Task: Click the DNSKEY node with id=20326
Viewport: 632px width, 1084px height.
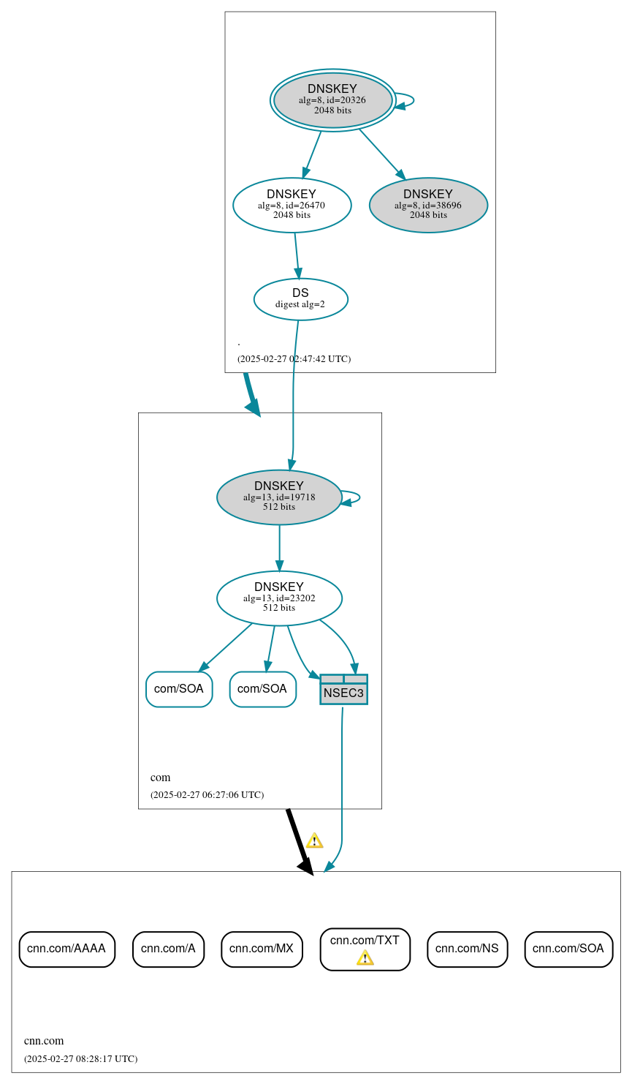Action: (332, 99)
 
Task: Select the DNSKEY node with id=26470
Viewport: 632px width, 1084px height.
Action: (292, 205)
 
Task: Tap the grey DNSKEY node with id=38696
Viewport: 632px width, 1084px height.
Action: (428, 205)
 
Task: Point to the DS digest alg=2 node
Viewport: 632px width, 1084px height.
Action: (300, 298)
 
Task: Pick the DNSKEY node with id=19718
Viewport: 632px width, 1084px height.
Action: (279, 497)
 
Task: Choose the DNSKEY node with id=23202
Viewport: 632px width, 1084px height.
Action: (279, 598)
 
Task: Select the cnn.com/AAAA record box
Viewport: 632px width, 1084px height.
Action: (66, 949)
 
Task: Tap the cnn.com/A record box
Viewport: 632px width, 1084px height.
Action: (168, 949)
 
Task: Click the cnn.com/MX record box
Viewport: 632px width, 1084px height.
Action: (262, 949)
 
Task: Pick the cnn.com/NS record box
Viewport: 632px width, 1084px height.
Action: (467, 949)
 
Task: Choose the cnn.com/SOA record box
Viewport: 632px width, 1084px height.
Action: (568, 949)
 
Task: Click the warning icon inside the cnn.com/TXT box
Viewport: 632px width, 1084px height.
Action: (365, 958)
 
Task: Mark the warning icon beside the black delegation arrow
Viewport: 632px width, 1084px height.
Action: (314, 840)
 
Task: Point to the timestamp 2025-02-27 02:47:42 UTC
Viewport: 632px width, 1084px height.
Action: (294, 359)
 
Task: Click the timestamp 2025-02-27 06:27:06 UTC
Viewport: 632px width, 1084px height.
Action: (207, 795)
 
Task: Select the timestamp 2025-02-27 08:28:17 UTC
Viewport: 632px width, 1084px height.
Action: (80, 1058)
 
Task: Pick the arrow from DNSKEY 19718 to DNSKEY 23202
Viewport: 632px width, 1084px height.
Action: (279, 548)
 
